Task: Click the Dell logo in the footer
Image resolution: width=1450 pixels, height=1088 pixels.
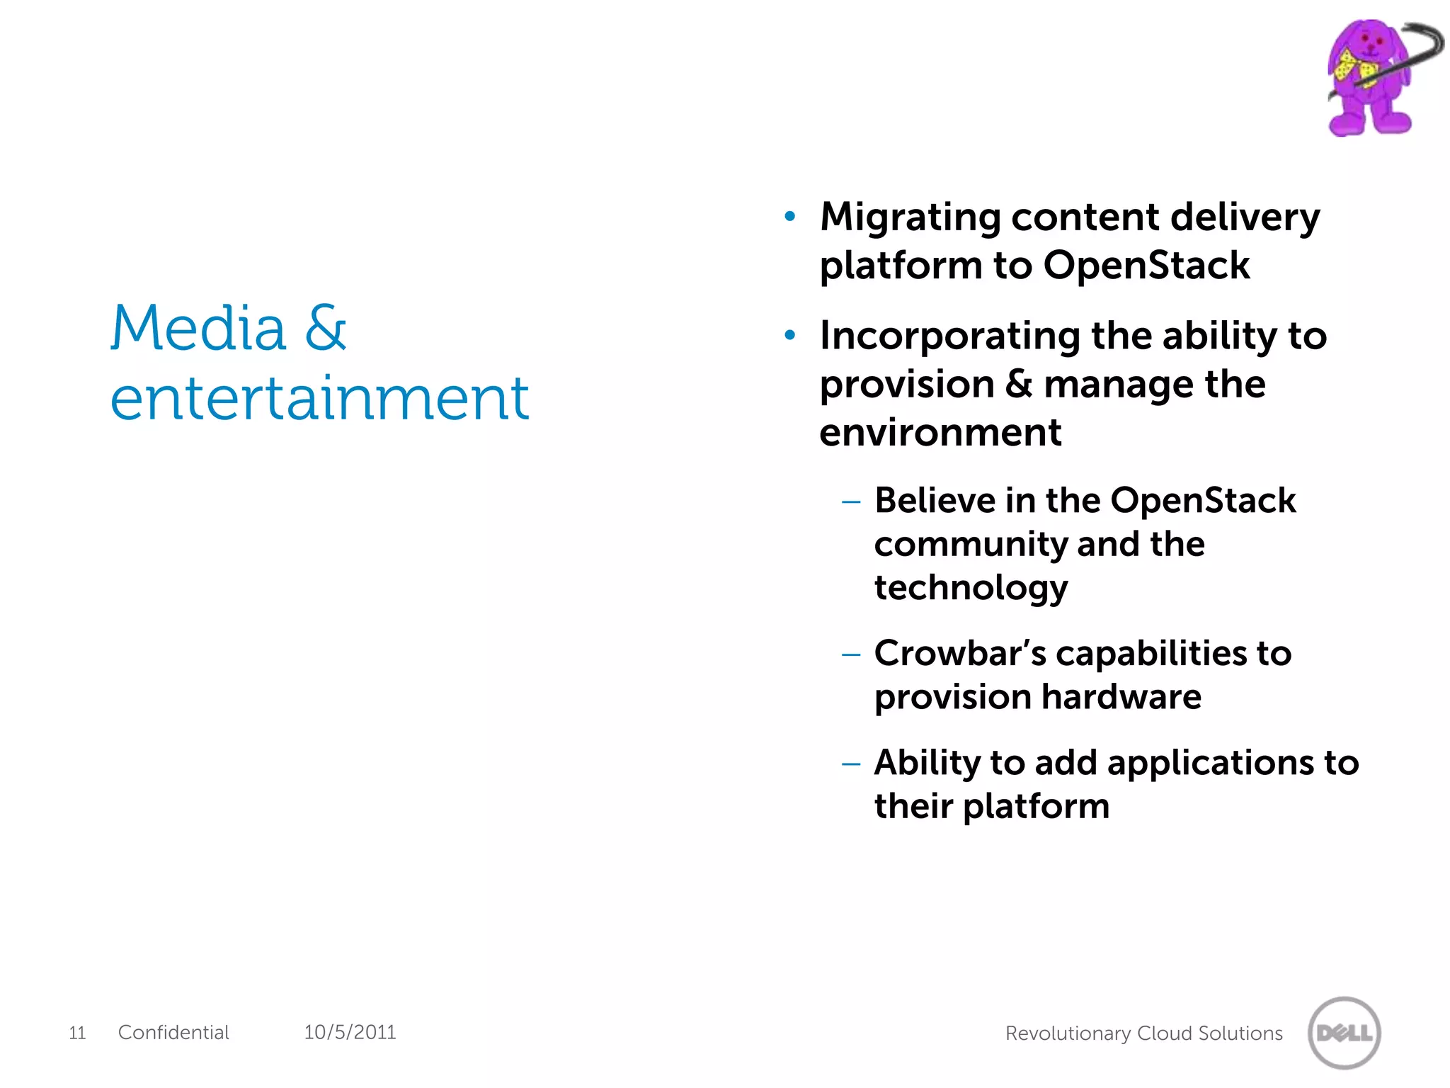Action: tap(1344, 1033)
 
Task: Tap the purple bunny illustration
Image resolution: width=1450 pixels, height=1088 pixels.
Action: tap(1370, 78)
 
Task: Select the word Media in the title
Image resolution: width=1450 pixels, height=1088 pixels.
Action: tap(198, 329)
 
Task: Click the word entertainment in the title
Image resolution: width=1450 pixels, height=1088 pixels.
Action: tap(319, 398)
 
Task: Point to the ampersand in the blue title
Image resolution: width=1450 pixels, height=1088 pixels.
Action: tap(326, 329)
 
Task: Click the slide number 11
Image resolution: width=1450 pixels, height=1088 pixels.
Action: tap(77, 1033)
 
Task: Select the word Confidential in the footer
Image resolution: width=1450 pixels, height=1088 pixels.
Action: tap(173, 1032)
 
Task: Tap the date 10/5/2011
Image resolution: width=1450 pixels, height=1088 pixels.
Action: tap(350, 1032)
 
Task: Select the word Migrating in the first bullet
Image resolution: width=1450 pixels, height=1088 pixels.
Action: tap(910, 217)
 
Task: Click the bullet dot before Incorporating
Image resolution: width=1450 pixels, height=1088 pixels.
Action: tap(790, 335)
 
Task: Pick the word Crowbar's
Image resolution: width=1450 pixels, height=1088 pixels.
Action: tap(959, 653)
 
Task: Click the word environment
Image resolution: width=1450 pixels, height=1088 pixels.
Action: tap(940, 432)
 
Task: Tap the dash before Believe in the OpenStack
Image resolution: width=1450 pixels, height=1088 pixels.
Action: tap(850, 502)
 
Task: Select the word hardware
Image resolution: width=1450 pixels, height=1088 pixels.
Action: tap(1121, 697)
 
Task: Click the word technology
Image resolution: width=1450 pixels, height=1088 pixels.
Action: tap(971, 588)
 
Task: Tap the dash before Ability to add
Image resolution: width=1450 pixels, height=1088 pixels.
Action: tap(850, 764)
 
